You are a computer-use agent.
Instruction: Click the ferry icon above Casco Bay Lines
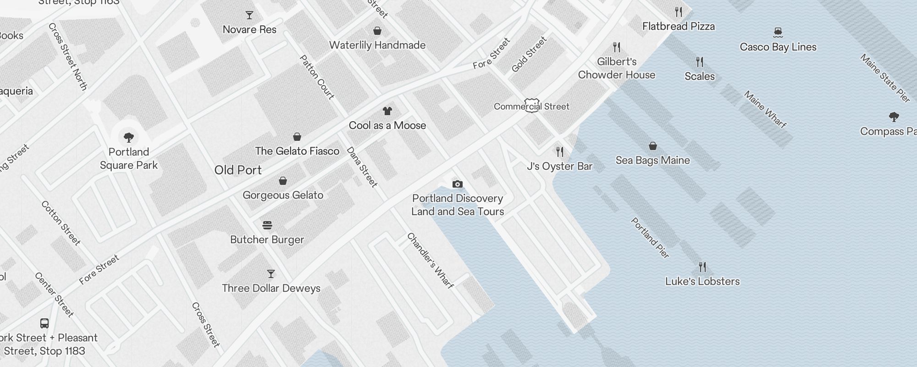pos(778,32)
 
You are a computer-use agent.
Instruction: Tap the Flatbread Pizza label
pos(679,27)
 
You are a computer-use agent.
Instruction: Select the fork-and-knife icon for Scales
pos(700,61)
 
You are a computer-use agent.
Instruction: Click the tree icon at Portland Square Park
pos(129,137)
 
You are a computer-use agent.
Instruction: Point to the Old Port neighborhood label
pos(238,170)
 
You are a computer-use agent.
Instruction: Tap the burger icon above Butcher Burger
pos(267,225)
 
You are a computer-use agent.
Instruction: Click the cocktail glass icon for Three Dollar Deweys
pos(271,274)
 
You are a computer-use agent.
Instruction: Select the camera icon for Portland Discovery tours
pos(457,184)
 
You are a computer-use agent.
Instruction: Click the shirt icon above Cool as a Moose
pos(387,111)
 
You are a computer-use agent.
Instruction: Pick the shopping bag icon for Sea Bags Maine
pos(653,146)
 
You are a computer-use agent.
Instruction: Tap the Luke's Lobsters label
pos(702,282)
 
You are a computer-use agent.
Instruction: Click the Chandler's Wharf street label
pos(430,261)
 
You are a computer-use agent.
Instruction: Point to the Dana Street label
pos(362,167)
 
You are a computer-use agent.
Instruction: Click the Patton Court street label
pos(317,77)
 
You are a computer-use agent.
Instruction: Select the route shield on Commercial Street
pos(532,106)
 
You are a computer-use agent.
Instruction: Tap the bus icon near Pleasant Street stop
pos(44,323)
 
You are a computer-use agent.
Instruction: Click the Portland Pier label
pos(650,238)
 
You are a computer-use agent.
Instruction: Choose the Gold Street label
pos(529,55)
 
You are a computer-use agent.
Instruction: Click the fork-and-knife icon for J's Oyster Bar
pos(559,152)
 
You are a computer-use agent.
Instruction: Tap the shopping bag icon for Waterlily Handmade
pos(377,31)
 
